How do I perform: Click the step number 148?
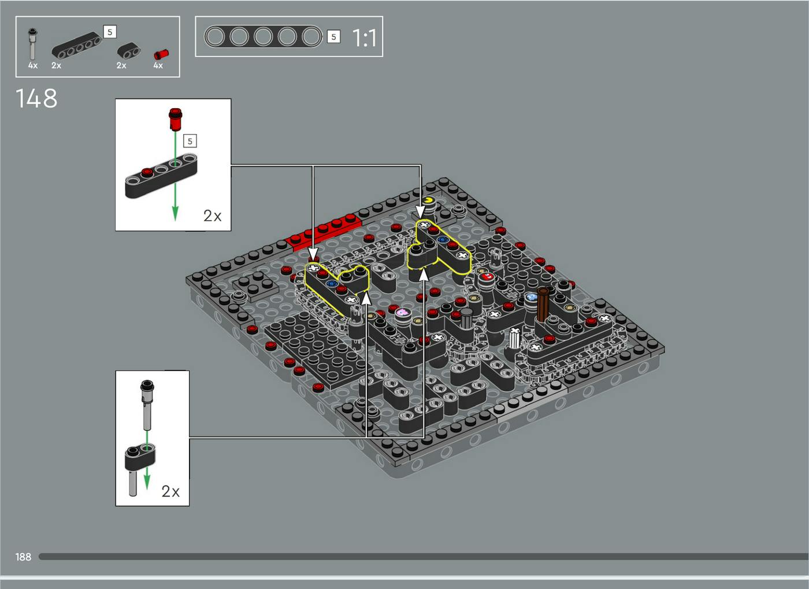pyautogui.click(x=36, y=98)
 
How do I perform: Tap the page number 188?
pyautogui.click(x=24, y=557)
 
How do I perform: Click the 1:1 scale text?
pyautogui.click(x=364, y=38)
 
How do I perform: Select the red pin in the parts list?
pyautogui.click(x=161, y=54)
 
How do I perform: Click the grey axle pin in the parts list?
pyautogui.click(x=32, y=44)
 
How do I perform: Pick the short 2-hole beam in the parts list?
pyautogui.click(x=129, y=50)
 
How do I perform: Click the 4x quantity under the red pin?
pyautogui.click(x=158, y=65)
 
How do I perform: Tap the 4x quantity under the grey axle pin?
pyautogui.click(x=33, y=65)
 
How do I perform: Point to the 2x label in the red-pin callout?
pyautogui.click(x=213, y=216)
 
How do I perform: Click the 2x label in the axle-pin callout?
pyautogui.click(x=170, y=491)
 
